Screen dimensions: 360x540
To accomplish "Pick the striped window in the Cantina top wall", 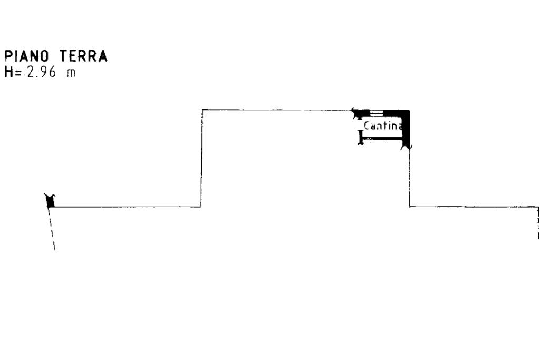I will pos(377,112).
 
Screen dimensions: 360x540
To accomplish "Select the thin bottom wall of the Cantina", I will pos(382,139).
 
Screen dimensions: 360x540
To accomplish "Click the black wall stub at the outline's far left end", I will pos(51,201).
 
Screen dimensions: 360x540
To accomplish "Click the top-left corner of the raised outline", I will pos(202,110).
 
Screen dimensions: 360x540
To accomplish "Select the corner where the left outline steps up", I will pos(201,207).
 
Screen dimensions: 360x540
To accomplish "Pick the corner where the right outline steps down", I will pos(410,207).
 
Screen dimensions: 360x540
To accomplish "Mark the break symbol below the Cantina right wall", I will pos(407,148).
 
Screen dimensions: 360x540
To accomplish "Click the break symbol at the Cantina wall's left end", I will pos(355,112).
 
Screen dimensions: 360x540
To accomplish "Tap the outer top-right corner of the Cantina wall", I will pos(409,110).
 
